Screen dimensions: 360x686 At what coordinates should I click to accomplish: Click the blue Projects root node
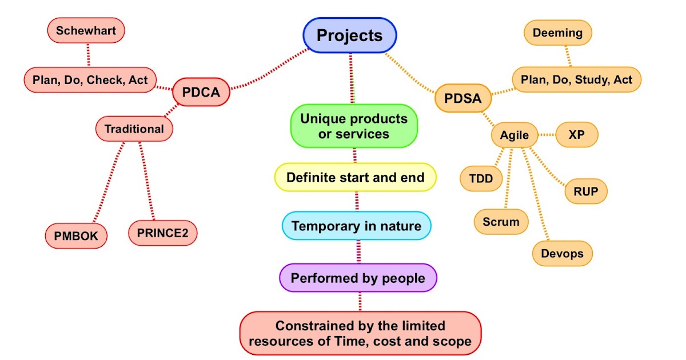(349, 35)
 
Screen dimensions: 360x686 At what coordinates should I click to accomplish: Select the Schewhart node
(86, 31)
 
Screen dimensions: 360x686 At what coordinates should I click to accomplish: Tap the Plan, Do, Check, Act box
(90, 80)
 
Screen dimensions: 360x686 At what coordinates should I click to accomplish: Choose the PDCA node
(201, 92)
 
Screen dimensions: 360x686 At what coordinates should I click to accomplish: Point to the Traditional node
(134, 129)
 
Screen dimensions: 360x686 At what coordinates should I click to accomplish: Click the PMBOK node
(76, 235)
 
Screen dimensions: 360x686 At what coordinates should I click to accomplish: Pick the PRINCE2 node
(162, 233)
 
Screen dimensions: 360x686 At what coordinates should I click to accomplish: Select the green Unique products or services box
(354, 126)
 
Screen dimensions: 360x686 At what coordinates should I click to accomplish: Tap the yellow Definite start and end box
(355, 177)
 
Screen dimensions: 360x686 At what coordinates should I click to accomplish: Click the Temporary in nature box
(356, 226)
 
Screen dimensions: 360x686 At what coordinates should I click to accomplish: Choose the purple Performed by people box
(358, 278)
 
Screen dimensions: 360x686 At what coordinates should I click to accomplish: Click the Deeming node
(557, 33)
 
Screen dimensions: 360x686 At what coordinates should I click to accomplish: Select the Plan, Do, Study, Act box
(576, 80)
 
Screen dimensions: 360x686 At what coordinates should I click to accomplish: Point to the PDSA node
(463, 98)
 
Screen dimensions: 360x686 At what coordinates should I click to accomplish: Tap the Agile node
(514, 136)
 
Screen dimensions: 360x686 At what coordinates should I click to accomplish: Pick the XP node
(577, 135)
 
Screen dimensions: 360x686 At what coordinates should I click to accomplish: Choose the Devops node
(562, 253)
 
